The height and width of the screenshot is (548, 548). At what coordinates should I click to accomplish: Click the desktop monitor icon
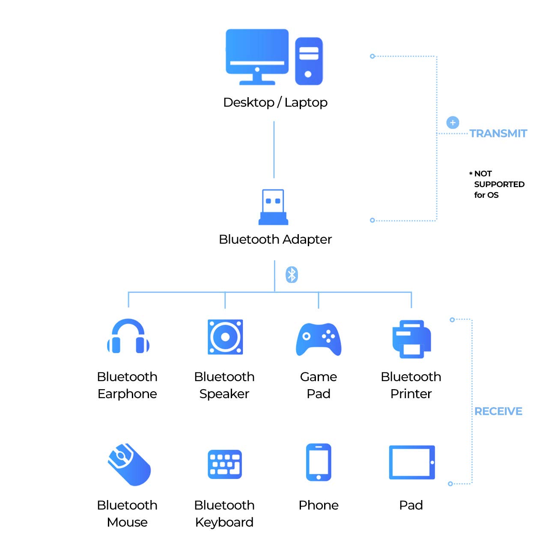257,56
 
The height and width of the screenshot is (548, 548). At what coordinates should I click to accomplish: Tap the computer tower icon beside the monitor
309,61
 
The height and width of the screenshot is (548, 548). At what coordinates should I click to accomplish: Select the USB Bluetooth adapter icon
273,207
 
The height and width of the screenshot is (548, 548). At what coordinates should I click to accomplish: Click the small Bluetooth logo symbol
292,274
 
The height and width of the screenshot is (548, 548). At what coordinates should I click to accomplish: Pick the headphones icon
128,337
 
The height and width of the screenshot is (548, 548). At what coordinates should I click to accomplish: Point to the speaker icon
225,337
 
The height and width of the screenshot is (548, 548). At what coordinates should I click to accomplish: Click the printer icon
411,339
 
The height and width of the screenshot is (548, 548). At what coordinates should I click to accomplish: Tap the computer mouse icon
128,465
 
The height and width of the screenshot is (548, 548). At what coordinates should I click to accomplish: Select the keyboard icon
225,464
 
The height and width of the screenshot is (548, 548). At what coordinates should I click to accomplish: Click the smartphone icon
319,462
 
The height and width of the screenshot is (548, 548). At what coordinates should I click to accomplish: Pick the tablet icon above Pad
412,462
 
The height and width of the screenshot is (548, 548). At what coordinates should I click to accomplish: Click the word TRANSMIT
498,134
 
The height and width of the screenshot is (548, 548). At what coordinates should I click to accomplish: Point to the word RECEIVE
498,411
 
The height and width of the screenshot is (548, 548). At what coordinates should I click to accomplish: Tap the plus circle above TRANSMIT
453,122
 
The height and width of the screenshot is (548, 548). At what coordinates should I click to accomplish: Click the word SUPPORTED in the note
499,184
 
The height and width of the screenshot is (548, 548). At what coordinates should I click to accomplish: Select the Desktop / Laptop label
275,102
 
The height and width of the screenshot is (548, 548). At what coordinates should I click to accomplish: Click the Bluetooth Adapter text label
275,239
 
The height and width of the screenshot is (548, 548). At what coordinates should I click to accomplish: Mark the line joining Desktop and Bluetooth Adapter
274,150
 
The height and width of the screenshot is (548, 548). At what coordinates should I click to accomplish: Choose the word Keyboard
224,522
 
